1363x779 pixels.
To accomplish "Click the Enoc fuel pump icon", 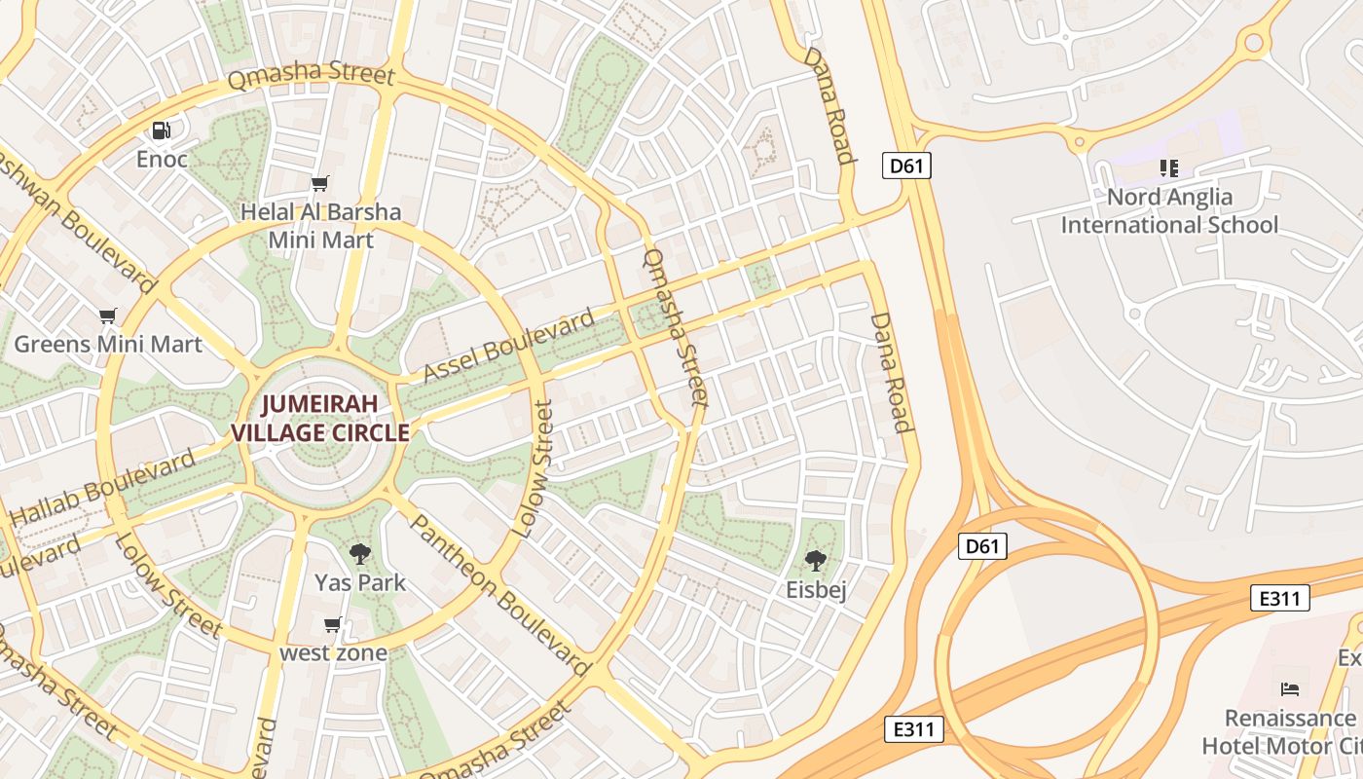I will [162, 130].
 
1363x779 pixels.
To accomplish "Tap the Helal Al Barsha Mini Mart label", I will [320, 225].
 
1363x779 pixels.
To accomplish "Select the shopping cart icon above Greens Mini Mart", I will [108, 315].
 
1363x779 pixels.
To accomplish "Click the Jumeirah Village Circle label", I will [319, 419].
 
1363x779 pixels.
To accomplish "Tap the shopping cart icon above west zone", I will [333, 624].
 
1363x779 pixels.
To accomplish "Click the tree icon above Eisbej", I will [816, 561].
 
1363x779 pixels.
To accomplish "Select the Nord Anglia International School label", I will [1168, 211].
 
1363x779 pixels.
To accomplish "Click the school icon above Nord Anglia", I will [1169, 168].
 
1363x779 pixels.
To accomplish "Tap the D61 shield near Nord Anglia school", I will [906, 167].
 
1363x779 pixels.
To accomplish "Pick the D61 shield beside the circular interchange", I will [981, 546].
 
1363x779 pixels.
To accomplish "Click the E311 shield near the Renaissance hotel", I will [1279, 598].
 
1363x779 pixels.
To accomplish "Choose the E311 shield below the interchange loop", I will [914, 728].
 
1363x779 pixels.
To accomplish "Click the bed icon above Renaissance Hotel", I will [1290, 689].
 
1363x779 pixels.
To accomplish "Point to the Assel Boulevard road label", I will [508, 347].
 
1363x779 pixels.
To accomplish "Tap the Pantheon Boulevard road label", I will [499, 595].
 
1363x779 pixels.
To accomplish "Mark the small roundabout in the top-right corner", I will [1253, 42].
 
